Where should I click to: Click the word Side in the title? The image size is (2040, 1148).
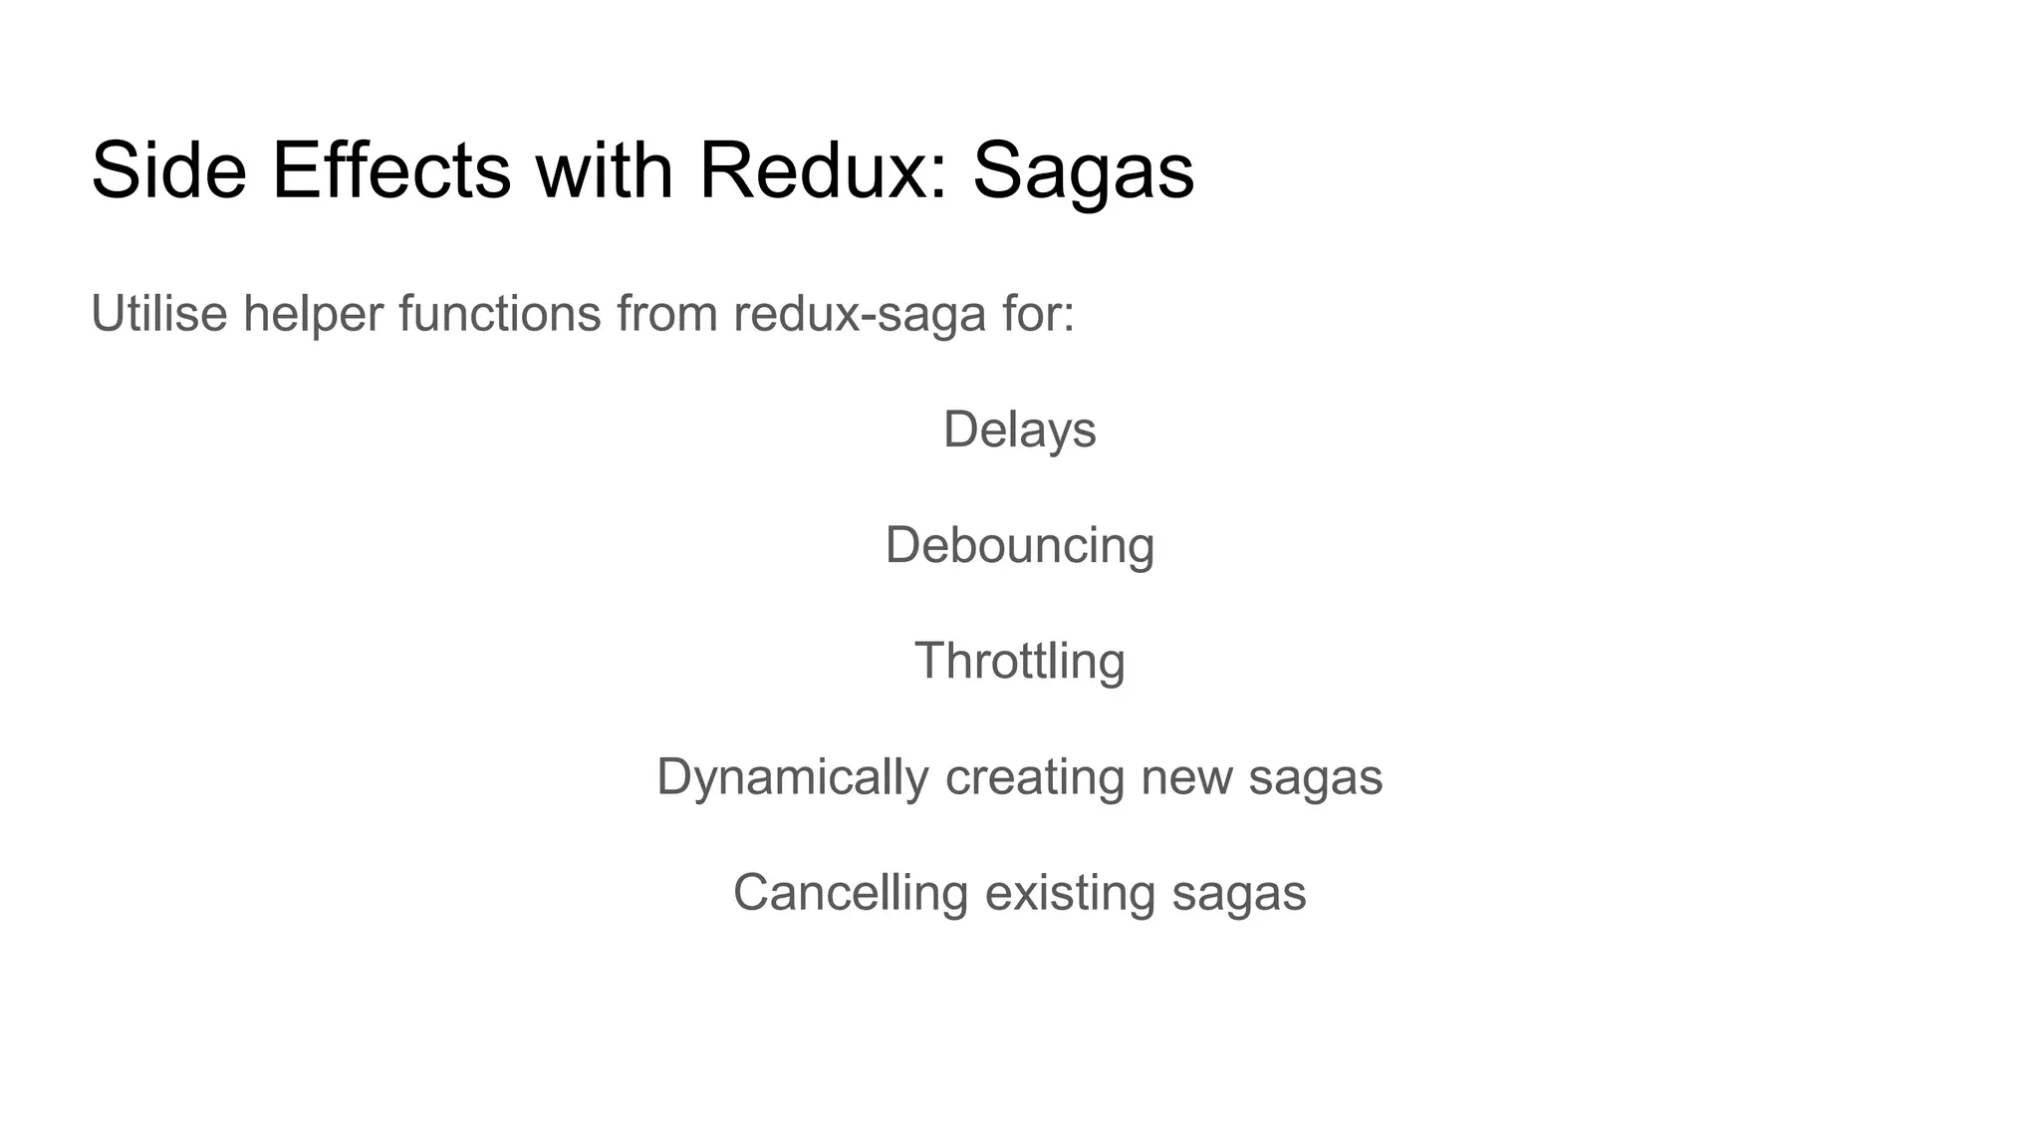(168, 170)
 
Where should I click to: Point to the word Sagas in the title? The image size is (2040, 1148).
(1083, 170)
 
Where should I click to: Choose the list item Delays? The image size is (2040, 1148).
(1019, 430)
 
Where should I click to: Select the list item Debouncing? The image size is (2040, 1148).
(1019, 546)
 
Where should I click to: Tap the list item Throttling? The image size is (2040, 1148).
(1019, 661)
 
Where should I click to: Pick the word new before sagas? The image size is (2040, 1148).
(1186, 776)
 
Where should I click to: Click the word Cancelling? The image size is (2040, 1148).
(851, 892)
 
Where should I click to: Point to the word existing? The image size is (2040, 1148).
(1070, 892)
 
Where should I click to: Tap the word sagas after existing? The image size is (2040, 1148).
(1239, 892)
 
